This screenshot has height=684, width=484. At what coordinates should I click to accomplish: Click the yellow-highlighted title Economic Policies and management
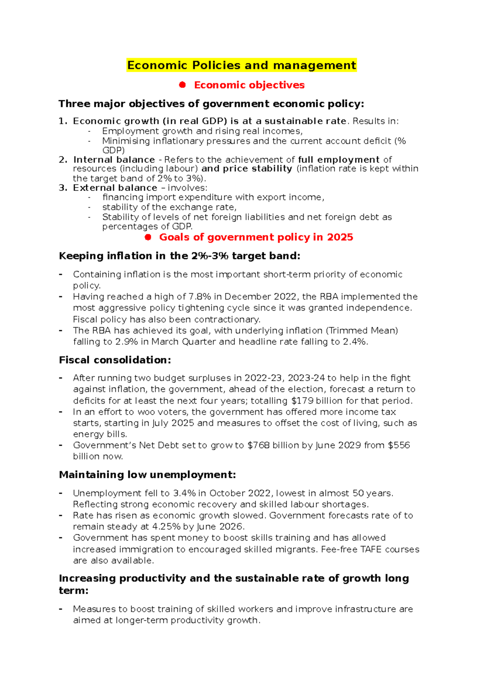[x=241, y=65]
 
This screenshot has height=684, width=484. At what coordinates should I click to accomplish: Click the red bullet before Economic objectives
[x=182, y=85]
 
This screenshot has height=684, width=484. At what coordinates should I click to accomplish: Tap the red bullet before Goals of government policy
[x=148, y=237]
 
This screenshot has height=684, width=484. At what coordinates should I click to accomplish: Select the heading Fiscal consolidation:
[x=115, y=360]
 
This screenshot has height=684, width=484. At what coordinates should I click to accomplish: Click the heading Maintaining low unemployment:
[x=147, y=475]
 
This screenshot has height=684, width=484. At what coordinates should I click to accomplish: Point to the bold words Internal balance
[x=114, y=160]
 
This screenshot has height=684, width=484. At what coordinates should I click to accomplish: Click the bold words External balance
[x=115, y=188]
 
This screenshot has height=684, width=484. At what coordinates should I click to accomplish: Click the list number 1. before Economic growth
[x=63, y=121]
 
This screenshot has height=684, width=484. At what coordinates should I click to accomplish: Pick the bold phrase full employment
[x=339, y=160]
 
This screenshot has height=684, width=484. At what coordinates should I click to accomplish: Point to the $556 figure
[x=398, y=445]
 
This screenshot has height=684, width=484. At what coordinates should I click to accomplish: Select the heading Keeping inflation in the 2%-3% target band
[x=179, y=256]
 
